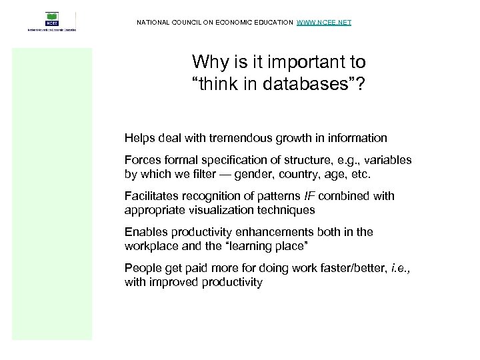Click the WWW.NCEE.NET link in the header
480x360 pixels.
pos(323,23)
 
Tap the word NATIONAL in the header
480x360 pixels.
pos(153,23)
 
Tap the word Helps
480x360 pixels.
pos(139,139)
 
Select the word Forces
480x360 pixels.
pos(141,161)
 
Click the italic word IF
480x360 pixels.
pos(310,196)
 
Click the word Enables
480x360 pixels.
pos(144,232)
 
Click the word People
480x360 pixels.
pos(141,268)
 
